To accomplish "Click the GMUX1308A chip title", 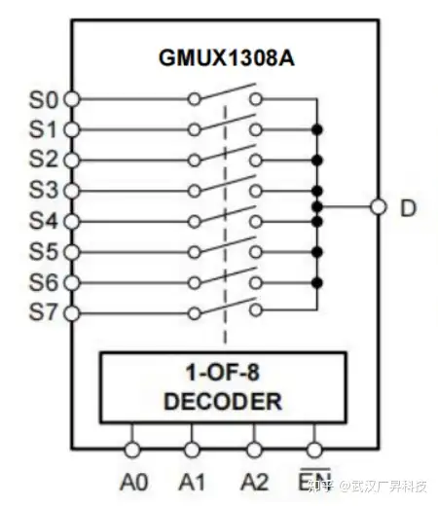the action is (x=227, y=58).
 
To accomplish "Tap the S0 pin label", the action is (x=44, y=99).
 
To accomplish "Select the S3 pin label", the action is (x=44, y=190).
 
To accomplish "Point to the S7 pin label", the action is (x=44, y=312).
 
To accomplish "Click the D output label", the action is (x=408, y=207).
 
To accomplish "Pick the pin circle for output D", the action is (x=379, y=206).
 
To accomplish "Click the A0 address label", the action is (x=134, y=482).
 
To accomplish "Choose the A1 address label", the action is (x=192, y=482).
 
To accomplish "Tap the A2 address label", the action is (x=255, y=482).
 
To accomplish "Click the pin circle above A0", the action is (x=132, y=450).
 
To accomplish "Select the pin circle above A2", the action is (x=254, y=450).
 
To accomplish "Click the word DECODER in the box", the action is (x=223, y=401).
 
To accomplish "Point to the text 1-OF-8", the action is (x=223, y=373).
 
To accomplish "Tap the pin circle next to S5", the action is (x=71, y=252).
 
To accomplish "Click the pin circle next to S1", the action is (x=71, y=129).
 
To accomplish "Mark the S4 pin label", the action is (x=44, y=221).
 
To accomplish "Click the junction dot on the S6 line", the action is (x=317, y=282).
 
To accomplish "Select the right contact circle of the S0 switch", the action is (x=256, y=99).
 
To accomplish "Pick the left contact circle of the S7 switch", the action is (x=194, y=313).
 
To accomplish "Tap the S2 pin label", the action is (x=44, y=159).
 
